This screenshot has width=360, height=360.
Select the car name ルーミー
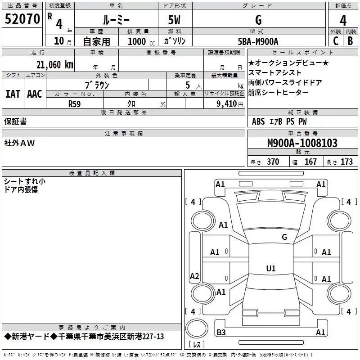[x=116, y=20]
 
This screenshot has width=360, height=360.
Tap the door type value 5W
[x=175, y=20]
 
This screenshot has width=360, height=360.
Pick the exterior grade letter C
[x=335, y=41]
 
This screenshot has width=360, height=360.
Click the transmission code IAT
[x=13, y=94]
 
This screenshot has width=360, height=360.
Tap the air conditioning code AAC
[x=35, y=94]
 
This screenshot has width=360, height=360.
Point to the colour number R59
[x=75, y=103]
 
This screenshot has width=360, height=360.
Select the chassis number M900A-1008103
[x=302, y=143]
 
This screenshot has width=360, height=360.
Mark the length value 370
[x=273, y=162]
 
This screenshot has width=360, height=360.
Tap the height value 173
[x=346, y=162]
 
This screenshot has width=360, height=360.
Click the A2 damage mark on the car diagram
[x=194, y=276]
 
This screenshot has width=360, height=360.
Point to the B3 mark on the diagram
[x=221, y=333]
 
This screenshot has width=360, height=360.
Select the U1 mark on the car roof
[x=271, y=269]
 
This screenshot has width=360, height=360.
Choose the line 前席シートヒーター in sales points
[x=279, y=93]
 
